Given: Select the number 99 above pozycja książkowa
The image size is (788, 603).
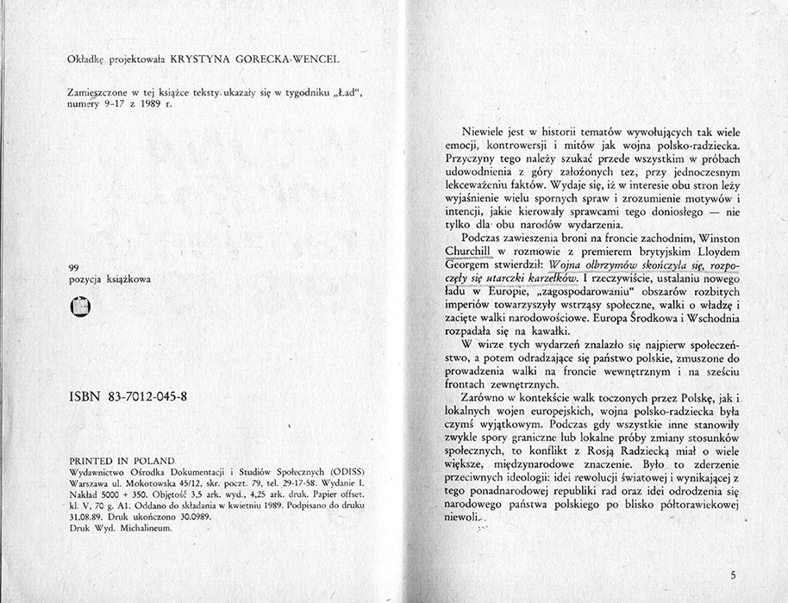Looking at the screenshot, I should click(72, 268).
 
